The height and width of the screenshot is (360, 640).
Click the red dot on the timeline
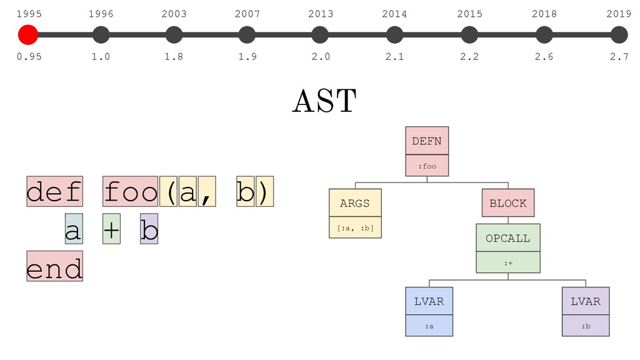pyautogui.click(x=28, y=35)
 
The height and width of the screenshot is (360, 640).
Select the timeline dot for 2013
pyautogui.click(x=320, y=35)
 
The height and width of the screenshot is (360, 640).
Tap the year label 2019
pyautogui.click(x=619, y=14)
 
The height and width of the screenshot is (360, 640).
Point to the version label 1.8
pyautogui.click(x=174, y=56)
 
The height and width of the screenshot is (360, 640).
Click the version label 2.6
pyautogui.click(x=544, y=56)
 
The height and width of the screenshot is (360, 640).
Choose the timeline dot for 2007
pyautogui.click(x=247, y=35)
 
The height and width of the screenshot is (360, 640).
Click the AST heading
pyautogui.click(x=324, y=101)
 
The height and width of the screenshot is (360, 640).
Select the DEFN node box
pyautogui.click(x=427, y=141)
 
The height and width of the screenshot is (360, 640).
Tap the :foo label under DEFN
pyautogui.click(x=427, y=166)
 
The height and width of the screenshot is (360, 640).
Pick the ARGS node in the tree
pyautogui.click(x=355, y=203)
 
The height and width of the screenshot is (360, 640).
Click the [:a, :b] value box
pyautogui.click(x=355, y=227)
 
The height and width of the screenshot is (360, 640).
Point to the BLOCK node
pyautogui.click(x=508, y=203)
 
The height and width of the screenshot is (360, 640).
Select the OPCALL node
pyautogui.click(x=508, y=238)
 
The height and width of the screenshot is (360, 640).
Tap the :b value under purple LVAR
pyautogui.click(x=586, y=326)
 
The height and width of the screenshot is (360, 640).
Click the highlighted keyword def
pyautogui.click(x=55, y=191)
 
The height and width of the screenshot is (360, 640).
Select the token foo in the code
pyautogui.click(x=130, y=191)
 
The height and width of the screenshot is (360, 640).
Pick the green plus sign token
pyautogui.click(x=111, y=229)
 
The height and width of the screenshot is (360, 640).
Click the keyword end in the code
pyautogui.click(x=55, y=266)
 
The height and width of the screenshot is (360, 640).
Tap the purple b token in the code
pyautogui.click(x=149, y=229)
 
